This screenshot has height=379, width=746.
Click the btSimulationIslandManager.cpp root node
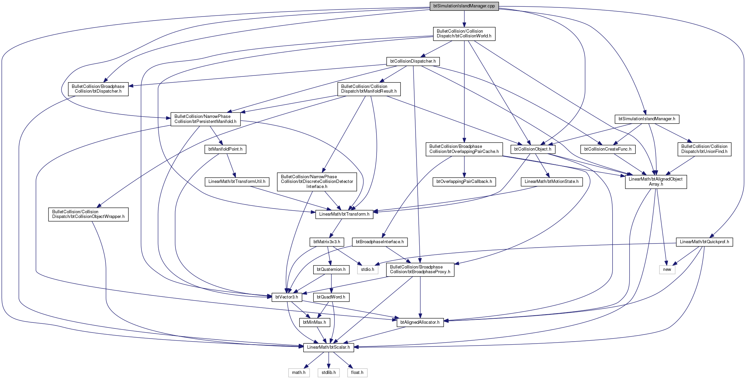(464, 6)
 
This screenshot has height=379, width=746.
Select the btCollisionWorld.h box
(464, 34)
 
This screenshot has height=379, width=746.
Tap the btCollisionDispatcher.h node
(413, 61)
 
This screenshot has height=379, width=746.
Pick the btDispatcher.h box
(98, 89)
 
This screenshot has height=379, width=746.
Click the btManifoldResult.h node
(369, 89)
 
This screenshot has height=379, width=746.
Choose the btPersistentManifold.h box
(205, 119)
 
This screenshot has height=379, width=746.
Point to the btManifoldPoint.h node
(225, 149)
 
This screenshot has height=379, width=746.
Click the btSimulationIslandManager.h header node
(647, 119)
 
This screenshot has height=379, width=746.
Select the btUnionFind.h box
(704, 149)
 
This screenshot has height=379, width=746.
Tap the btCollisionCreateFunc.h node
(608, 149)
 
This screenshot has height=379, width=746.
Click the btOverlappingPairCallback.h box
(464, 182)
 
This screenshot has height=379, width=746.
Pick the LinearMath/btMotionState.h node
(552, 182)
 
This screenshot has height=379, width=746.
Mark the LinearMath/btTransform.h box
(344, 214)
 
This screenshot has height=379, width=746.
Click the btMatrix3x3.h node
(327, 242)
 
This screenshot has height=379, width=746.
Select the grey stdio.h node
(367, 270)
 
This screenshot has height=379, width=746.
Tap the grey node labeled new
(667, 270)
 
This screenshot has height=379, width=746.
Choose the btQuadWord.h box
(331, 297)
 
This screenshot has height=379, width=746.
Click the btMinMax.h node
(315, 322)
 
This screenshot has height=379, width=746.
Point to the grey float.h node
(357, 373)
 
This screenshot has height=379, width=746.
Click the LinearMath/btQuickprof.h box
(705, 242)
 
